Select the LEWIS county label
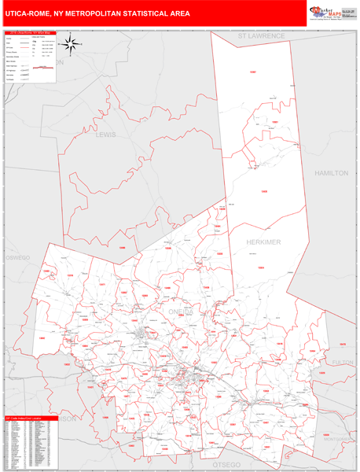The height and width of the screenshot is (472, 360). click(105, 135)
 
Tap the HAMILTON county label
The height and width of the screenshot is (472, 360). click(330, 172)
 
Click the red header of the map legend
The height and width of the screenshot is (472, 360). click(31, 33)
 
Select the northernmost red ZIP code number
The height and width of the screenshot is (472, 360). click(252, 72)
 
